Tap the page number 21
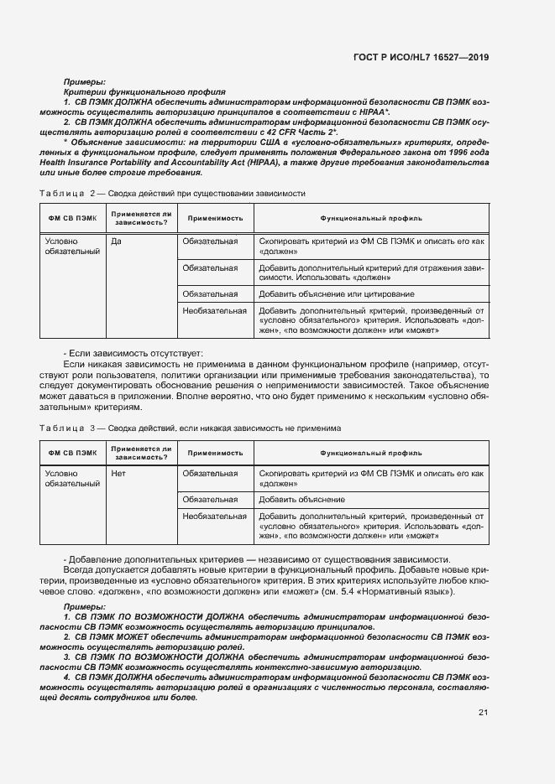[483, 713]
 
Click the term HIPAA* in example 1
[374, 111]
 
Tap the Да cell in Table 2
[118, 241]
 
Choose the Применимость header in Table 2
[215, 218]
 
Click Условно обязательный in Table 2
[72, 247]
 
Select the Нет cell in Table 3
[119, 474]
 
